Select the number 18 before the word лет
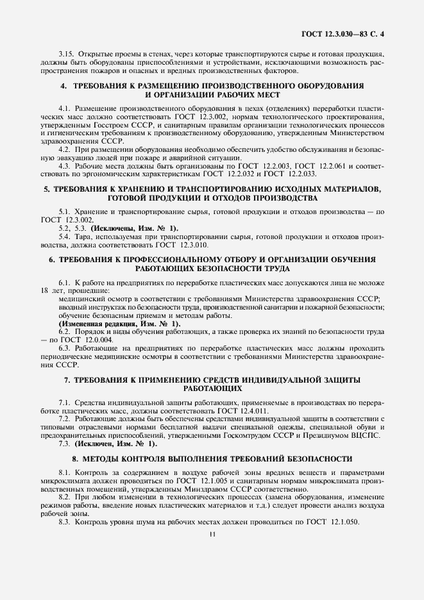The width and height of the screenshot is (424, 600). [44, 290]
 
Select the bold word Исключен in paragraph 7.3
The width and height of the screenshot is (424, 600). [96, 444]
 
